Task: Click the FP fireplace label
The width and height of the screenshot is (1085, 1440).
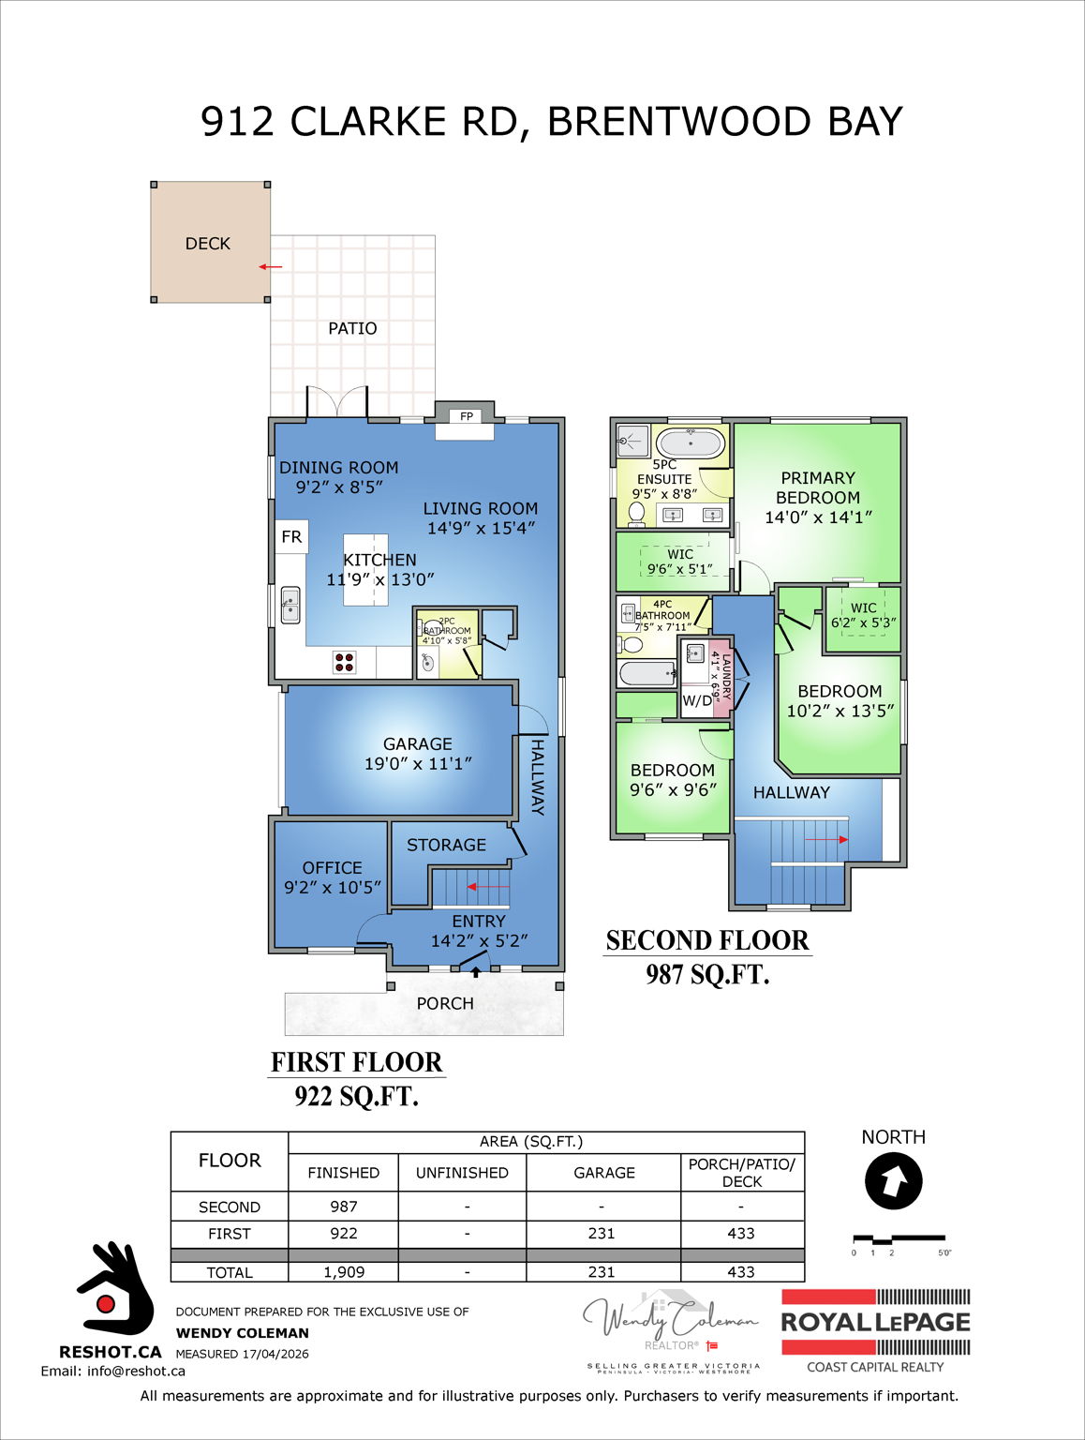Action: [466, 416]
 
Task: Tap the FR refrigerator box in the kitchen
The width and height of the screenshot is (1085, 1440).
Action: [291, 536]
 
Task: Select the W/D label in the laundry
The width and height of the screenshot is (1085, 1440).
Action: [696, 700]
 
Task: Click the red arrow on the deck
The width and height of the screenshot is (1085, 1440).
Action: [270, 267]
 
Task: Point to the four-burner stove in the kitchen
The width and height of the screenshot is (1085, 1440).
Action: [344, 662]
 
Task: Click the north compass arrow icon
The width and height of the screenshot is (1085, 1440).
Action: [893, 1180]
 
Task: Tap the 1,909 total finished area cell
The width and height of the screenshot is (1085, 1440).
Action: [343, 1272]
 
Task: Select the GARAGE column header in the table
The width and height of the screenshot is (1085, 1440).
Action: [603, 1173]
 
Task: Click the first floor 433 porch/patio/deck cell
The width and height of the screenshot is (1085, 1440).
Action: [740, 1234]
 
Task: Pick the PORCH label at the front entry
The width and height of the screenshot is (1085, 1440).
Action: [445, 1003]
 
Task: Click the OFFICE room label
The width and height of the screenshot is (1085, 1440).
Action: [332, 868]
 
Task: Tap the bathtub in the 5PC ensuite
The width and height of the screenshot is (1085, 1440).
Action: [690, 442]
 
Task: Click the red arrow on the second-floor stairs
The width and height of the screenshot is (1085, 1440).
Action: [842, 840]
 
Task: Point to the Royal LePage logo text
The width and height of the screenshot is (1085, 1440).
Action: [875, 1323]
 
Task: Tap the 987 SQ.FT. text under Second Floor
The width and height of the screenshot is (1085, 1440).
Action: [707, 975]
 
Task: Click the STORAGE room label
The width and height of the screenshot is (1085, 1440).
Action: [446, 845]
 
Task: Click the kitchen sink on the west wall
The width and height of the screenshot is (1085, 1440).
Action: [290, 605]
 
